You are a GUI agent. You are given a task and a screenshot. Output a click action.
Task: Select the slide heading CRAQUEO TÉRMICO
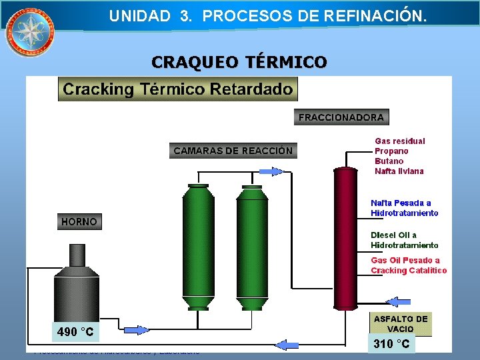pyautogui.click(x=239, y=63)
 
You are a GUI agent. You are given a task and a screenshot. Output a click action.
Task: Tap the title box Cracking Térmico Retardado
pyautogui.click(x=178, y=89)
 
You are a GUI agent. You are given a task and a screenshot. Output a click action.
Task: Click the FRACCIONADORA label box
pyautogui.click(x=341, y=117)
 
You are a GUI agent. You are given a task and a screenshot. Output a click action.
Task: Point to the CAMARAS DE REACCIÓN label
pyautogui.click(x=233, y=151)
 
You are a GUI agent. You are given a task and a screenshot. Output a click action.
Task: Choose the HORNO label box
pyautogui.click(x=79, y=221)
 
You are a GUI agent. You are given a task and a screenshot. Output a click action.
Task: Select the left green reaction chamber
pyautogui.click(x=199, y=247)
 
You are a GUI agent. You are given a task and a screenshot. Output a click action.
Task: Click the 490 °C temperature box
pyautogui.click(x=75, y=332)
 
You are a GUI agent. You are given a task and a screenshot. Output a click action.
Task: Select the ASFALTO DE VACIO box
pyautogui.click(x=401, y=324)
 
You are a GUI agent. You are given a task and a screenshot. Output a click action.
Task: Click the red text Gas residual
pyautogui.click(x=399, y=141)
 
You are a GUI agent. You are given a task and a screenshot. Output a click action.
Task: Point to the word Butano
pyautogui.click(x=389, y=161)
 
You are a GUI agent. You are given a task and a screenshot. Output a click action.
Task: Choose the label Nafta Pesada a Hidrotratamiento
pyautogui.click(x=404, y=208)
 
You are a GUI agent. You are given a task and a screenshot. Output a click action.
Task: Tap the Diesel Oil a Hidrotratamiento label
pyautogui.click(x=404, y=240)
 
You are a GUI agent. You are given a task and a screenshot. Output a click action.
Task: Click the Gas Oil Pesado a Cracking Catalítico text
pyautogui.click(x=408, y=265)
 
